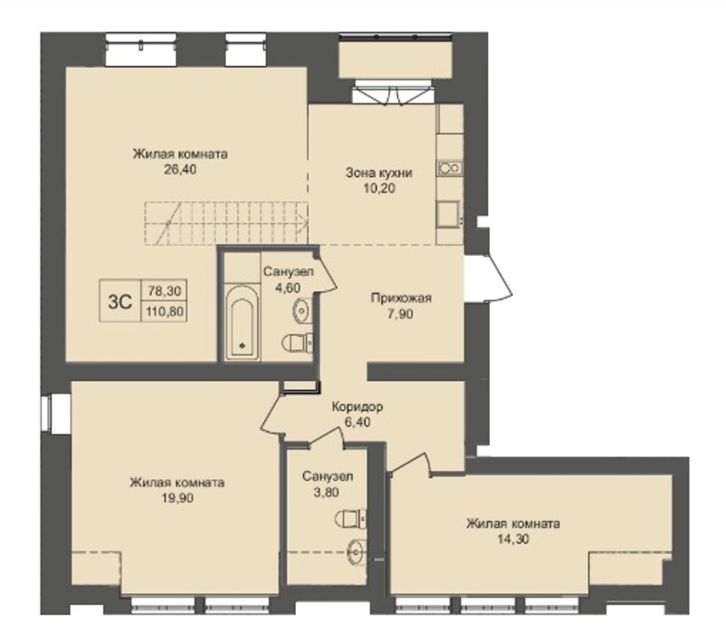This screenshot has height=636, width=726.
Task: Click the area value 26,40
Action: [x=180, y=170]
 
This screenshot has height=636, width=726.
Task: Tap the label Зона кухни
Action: [x=378, y=173]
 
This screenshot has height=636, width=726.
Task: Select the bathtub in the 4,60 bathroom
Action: [x=241, y=322]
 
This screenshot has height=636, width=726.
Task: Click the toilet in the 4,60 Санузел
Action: [x=298, y=343]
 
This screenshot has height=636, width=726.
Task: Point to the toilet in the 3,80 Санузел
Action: [x=350, y=518]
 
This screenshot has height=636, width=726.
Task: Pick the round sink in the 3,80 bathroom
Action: [x=357, y=551]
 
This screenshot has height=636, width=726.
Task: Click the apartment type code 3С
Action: [x=120, y=302]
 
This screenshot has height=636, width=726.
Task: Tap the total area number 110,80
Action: [x=164, y=311]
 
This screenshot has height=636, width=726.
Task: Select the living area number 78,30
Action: [x=164, y=290]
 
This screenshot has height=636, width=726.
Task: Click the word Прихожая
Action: [x=401, y=298]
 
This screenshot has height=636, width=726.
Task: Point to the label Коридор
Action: [x=358, y=406]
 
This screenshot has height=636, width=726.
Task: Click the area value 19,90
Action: [x=177, y=498]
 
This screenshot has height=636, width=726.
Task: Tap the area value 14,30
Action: [x=513, y=539]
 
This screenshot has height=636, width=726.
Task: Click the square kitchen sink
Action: [x=448, y=214]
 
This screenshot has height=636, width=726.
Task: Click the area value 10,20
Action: [x=379, y=189]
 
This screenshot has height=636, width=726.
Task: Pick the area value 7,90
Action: [x=400, y=314]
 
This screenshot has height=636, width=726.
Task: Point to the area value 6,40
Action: [x=358, y=422]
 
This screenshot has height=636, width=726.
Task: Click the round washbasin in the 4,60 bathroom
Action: [x=302, y=309]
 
